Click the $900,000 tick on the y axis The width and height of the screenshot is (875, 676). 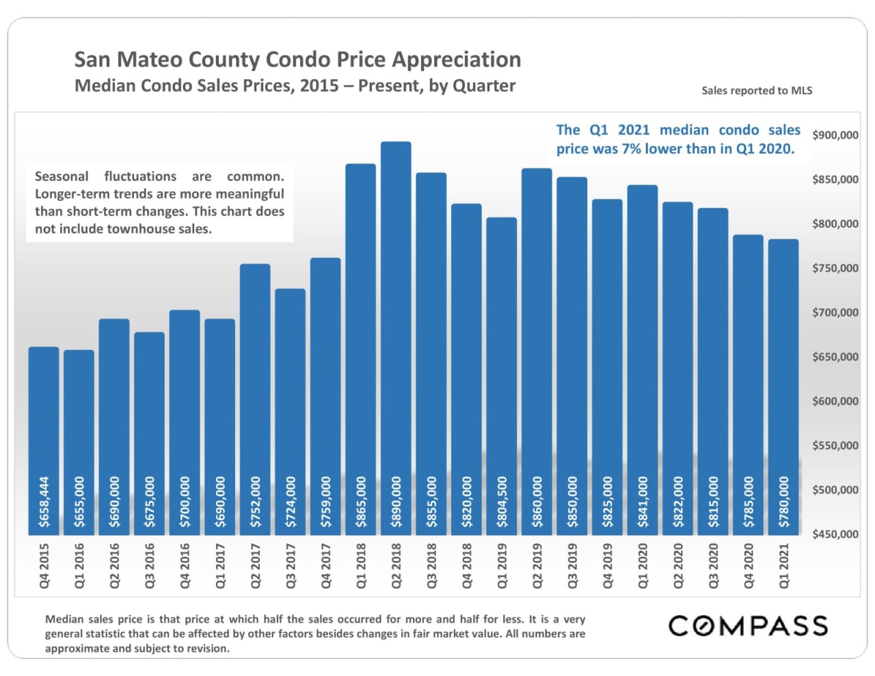pyautogui.click(x=835, y=135)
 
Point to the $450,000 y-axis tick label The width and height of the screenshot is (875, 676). pyautogui.click(x=835, y=535)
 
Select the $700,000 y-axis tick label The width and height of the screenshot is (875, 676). pyautogui.click(x=835, y=313)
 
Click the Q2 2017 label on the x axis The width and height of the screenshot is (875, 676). pyautogui.click(x=256, y=566)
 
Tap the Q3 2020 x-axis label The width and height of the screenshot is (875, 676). pyautogui.click(x=713, y=566)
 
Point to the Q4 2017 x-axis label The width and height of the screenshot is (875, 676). pyautogui.click(x=326, y=566)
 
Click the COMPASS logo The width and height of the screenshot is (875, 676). pyautogui.click(x=748, y=626)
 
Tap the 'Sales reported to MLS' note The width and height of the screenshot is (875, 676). pyautogui.click(x=757, y=91)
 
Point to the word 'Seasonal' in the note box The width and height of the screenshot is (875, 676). pyautogui.click(x=62, y=176)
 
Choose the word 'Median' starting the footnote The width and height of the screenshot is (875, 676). pyautogui.click(x=64, y=619)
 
